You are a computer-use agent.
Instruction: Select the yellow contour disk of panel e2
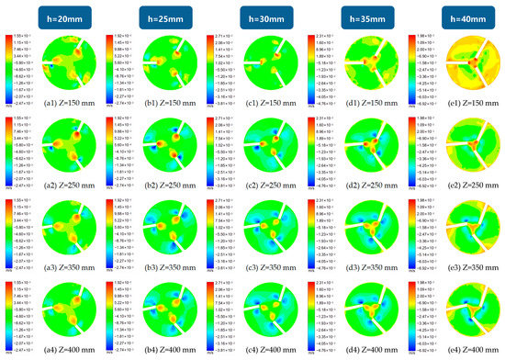point(470,147)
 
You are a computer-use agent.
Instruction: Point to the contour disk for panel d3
point(371,230)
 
